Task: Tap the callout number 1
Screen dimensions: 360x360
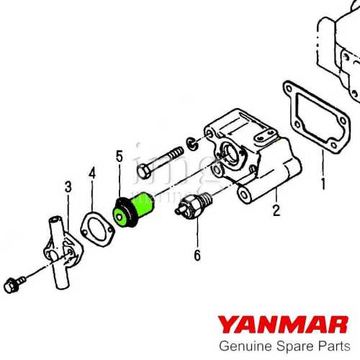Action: pyautogui.click(x=323, y=184)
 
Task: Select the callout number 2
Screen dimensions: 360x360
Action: pyautogui.click(x=275, y=211)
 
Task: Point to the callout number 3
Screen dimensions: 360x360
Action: pyautogui.click(x=68, y=188)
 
